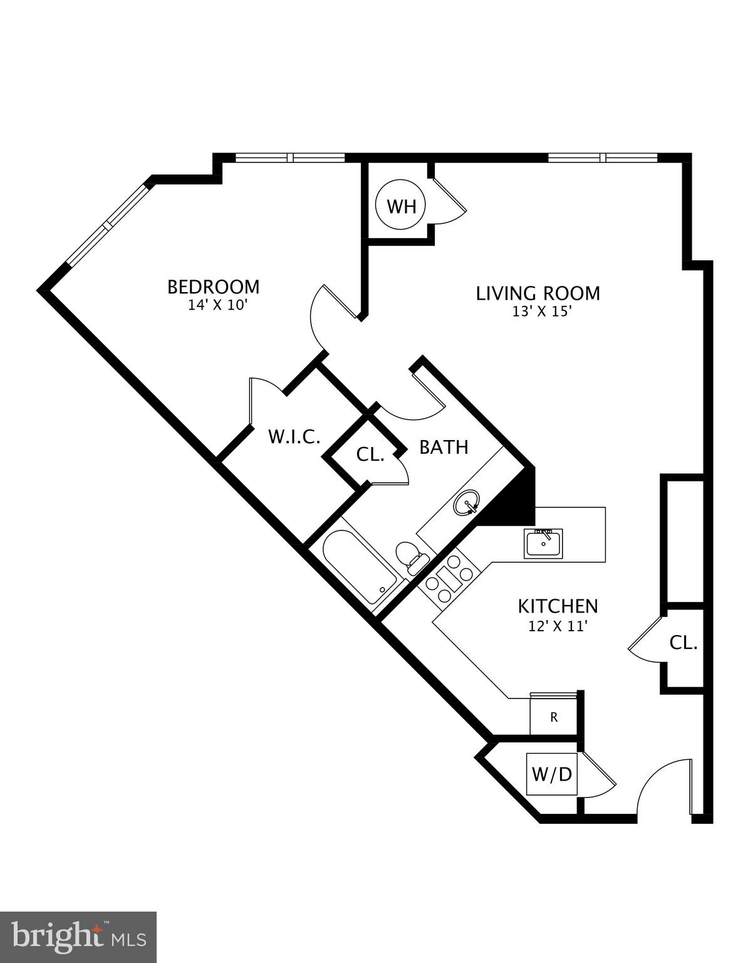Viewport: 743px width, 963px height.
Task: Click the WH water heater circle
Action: [x=401, y=206]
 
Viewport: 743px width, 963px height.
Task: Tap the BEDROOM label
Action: [x=213, y=287]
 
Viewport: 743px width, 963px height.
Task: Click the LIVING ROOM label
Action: [x=538, y=293]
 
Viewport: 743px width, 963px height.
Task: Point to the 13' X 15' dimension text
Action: [x=542, y=312]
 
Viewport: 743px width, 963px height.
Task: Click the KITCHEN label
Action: [x=558, y=606]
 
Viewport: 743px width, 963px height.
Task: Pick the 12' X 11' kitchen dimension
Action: [x=558, y=626]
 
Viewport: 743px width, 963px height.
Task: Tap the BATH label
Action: [x=444, y=447]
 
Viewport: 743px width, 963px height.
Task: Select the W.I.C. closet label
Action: [x=294, y=436]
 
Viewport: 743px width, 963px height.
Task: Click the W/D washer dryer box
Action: [x=552, y=774]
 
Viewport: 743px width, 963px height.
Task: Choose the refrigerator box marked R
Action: [x=553, y=717]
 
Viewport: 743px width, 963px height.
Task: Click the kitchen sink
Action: [x=544, y=543]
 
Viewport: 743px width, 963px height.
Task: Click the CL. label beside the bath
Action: [x=370, y=455]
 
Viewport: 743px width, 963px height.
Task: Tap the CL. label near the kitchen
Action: [x=683, y=643]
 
